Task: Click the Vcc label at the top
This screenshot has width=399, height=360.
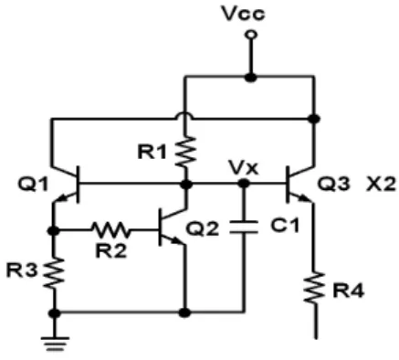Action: pos(243,14)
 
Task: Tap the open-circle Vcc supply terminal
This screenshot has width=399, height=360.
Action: pos(251,35)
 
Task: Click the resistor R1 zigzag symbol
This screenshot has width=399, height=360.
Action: pos(185,152)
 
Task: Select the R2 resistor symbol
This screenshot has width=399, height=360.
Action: pos(111,230)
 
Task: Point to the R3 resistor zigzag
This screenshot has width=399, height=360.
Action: pos(54,272)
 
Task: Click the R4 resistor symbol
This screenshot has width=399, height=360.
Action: pos(315,287)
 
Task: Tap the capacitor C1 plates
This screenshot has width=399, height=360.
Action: pos(244,228)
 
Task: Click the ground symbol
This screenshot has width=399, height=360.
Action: pos(55,344)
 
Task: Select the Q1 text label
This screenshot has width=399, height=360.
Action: pos(33,184)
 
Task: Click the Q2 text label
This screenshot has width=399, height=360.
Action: pos(203,228)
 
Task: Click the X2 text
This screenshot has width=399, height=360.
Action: pos(381,184)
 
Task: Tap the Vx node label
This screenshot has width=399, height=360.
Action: pos(244,167)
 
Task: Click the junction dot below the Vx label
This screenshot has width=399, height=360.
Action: pos(243,184)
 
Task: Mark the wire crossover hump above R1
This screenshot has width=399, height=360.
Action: pos(184,116)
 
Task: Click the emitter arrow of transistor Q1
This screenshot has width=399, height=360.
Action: pos(62,198)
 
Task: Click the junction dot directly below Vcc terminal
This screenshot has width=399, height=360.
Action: pos(251,78)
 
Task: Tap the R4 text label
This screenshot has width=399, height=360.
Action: pos(348,291)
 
